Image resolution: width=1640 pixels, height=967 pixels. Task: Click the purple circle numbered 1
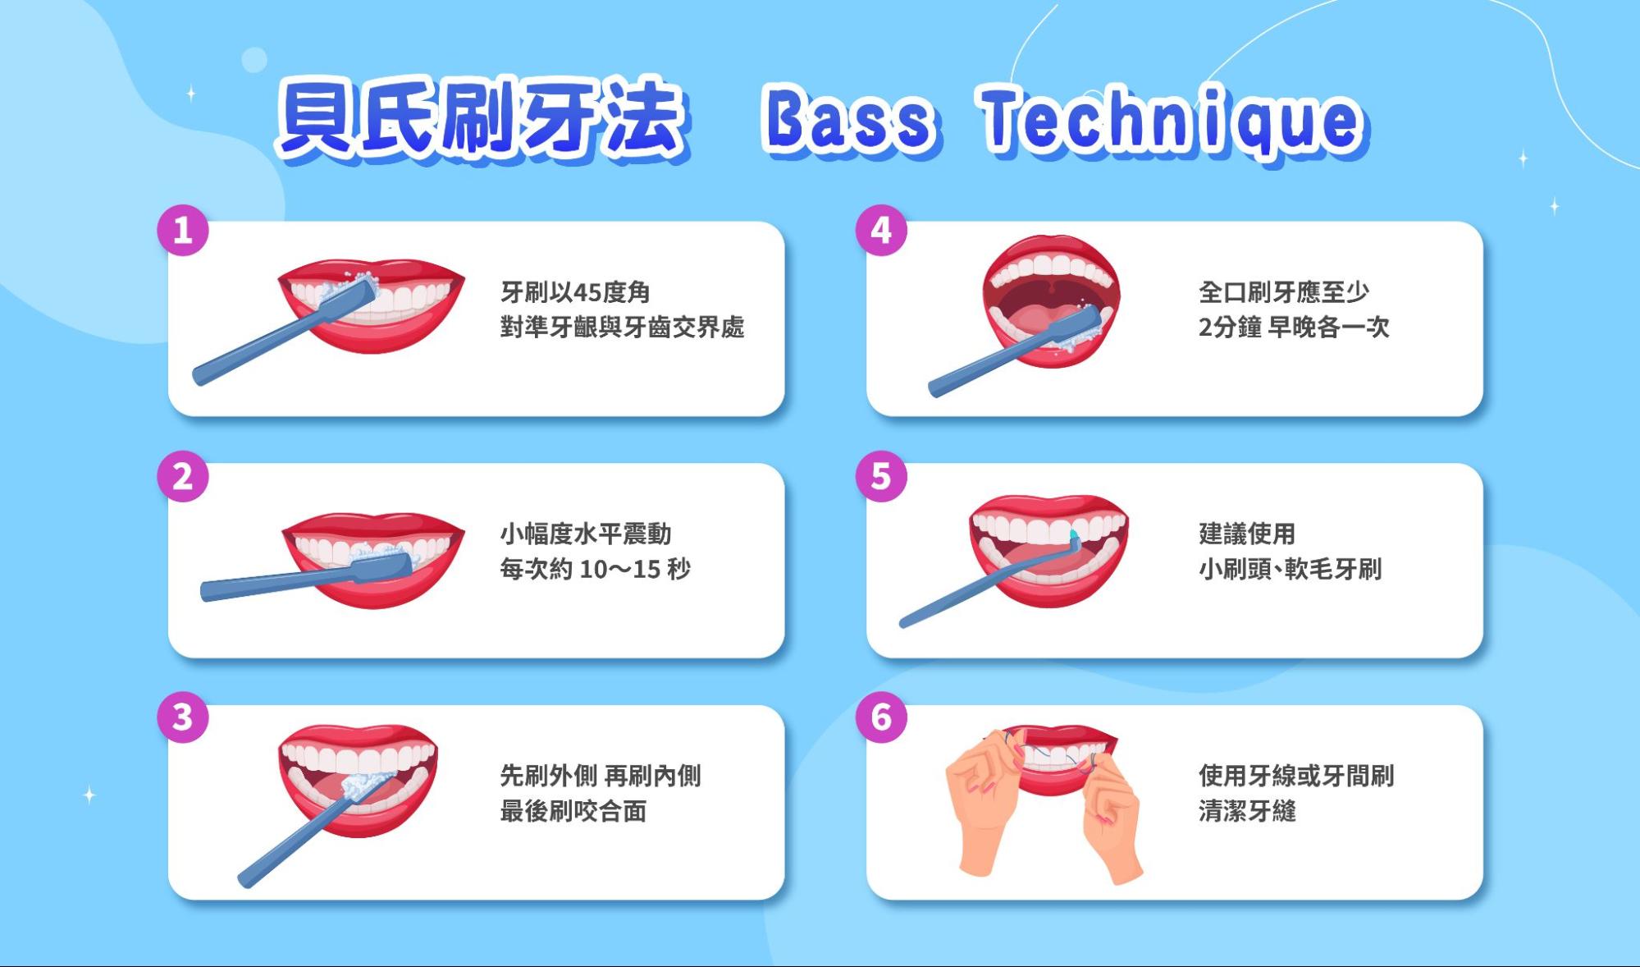click(x=183, y=230)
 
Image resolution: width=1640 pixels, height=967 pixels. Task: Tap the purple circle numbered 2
click(x=183, y=476)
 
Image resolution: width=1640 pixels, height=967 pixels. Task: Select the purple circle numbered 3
click(x=183, y=717)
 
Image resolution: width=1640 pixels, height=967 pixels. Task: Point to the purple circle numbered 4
click(x=881, y=230)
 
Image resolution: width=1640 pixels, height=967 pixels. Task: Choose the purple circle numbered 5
click(x=881, y=476)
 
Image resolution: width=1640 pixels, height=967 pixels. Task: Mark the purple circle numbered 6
click(x=881, y=717)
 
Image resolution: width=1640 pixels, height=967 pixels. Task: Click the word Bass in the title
click(x=850, y=121)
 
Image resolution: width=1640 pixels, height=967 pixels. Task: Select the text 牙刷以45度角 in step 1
click(x=575, y=292)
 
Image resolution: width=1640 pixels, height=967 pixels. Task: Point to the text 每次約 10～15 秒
click(x=595, y=569)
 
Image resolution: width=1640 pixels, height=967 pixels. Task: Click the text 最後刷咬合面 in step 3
click(x=573, y=811)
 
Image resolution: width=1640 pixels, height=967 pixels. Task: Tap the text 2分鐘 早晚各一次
click(x=1294, y=328)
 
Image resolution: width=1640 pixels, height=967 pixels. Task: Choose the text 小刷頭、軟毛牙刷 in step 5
click(x=1290, y=569)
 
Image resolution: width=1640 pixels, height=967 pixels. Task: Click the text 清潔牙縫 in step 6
click(x=1247, y=811)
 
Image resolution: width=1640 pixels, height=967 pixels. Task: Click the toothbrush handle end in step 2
click(x=207, y=591)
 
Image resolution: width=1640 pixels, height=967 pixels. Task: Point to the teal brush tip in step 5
click(x=1073, y=536)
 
